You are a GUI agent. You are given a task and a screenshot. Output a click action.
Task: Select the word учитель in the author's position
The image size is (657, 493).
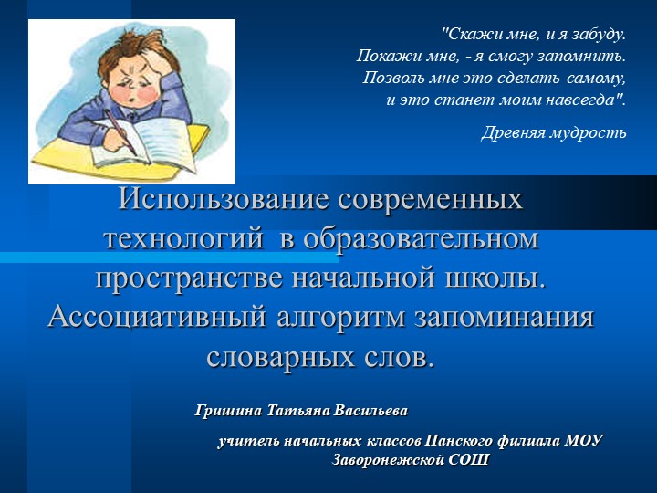tap(249, 442)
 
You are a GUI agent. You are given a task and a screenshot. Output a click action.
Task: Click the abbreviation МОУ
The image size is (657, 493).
tap(584, 442)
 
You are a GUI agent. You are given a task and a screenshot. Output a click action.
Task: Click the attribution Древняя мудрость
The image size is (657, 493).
tap(553, 133)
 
